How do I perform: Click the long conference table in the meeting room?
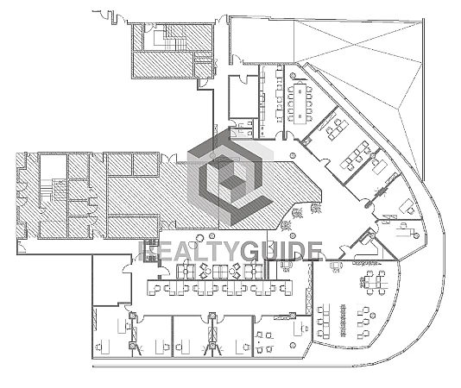pyautogui.click(x=300, y=103)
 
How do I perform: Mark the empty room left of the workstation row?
pyautogui.click(x=111, y=279)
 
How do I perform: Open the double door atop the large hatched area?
pyautogui.click(x=168, y=158)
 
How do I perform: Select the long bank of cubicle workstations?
pyautogui.click(x=220, y=287)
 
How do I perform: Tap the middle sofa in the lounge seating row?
pyautogui.click(x=220, y=272)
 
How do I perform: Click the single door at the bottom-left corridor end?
pyautogui.click(x=22, y=247)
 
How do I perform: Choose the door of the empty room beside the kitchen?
pyautogui.click(x=244, y=78)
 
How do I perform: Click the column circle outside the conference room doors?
pyautogui.click(x=293, y=154)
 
